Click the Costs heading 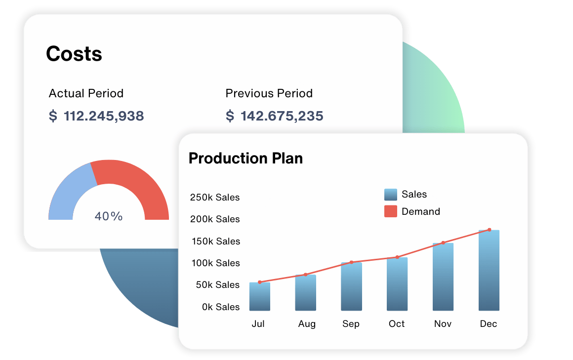74,54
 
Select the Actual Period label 86,93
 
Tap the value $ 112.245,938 96,116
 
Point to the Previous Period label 269,93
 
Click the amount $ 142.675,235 274,116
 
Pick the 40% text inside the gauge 109,216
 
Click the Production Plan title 246,158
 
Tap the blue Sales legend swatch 391,195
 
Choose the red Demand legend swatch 391,211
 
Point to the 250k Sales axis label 215,198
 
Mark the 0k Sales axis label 221,307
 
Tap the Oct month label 397,324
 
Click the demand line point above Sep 351,262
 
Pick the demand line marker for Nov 443,242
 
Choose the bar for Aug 306,293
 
